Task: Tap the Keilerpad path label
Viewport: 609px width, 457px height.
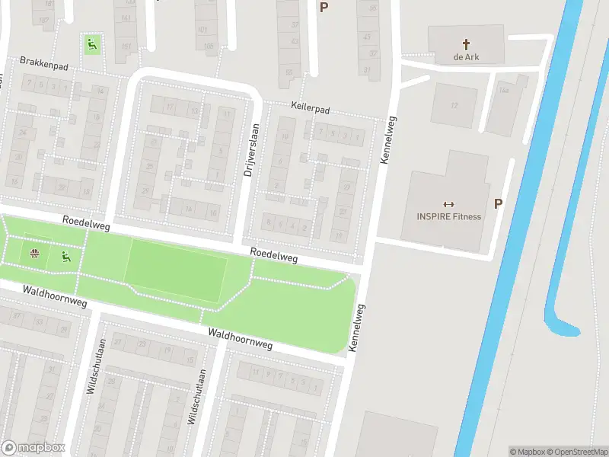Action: (309, 110)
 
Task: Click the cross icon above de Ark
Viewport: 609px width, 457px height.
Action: (467, 44)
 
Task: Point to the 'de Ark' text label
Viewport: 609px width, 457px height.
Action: (467, 57)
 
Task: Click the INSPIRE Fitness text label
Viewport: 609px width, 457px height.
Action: (448, 216)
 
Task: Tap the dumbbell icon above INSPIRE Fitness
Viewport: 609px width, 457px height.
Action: (448, 203)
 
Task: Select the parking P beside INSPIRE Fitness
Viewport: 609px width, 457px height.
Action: (499, 203)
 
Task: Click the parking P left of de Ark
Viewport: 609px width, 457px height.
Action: (324, 8)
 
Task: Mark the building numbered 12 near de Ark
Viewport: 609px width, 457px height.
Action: (454, 105)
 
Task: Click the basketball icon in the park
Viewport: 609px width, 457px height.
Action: (34, 254)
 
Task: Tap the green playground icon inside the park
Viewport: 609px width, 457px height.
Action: (66, 257)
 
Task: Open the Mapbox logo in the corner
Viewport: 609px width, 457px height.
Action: (33, 448)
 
